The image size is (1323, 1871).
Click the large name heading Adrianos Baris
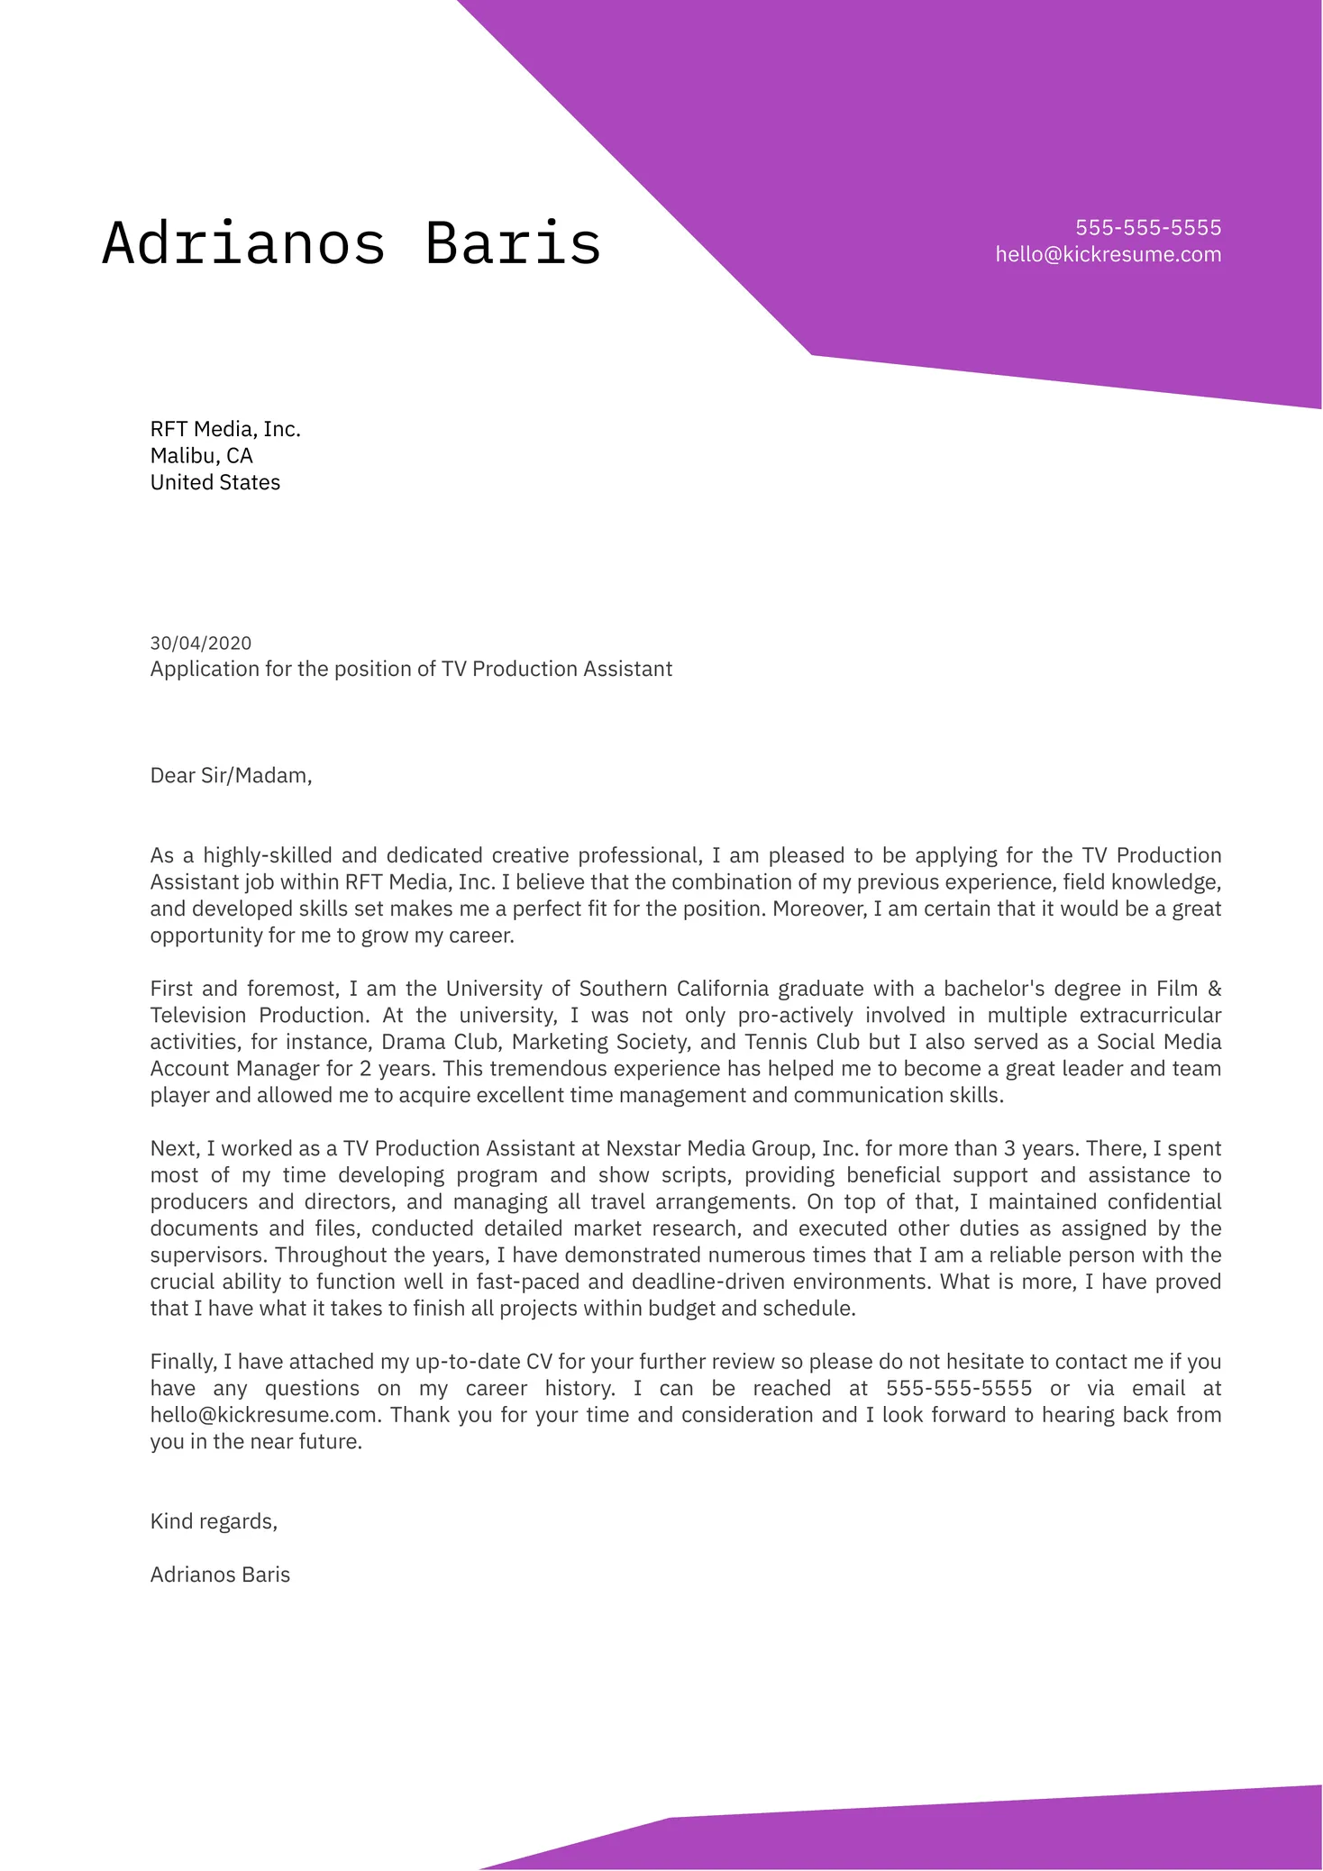[x=351, y=243]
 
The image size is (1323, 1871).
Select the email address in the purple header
[x=1108, y=254]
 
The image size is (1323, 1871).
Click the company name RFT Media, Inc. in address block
[x=225, y=429]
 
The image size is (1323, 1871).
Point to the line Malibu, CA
[x=201, y=456]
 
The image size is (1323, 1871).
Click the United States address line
[x=214, y=482]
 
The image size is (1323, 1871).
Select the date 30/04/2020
[x=201, y=643]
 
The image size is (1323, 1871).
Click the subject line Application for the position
[x=411, y=669]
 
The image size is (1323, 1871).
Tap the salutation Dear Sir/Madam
[x=231, y=775]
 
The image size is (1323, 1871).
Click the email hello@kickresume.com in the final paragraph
[x=266, y=1415]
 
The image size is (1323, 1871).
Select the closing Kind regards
[x=214, y=1521]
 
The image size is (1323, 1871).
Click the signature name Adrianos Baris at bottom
[x=220, y=1574]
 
